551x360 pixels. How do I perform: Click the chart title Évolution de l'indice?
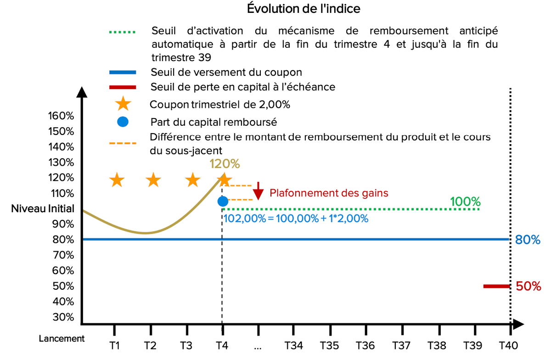pos(304,9)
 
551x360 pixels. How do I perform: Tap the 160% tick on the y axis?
pos(61,116)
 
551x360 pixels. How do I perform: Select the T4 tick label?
pos(222,346)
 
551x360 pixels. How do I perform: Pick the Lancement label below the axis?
pos(62,338)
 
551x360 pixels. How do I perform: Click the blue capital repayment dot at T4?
pos(223,201)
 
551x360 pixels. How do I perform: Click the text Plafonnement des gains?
pos(329,193)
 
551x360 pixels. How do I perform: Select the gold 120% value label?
pos(225,163)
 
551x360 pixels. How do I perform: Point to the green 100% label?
pos(465,202)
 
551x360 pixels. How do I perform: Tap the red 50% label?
pos(529,286)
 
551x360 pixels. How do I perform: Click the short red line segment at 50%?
pos(496,286)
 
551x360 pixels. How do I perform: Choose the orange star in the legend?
pos(123,104)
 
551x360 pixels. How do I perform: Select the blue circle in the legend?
pos(123,122)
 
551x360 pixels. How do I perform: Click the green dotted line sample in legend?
pos(123,32)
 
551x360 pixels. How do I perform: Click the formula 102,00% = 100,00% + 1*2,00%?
pos(296,219)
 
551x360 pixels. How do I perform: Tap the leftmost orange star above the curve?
pos(117,180)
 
